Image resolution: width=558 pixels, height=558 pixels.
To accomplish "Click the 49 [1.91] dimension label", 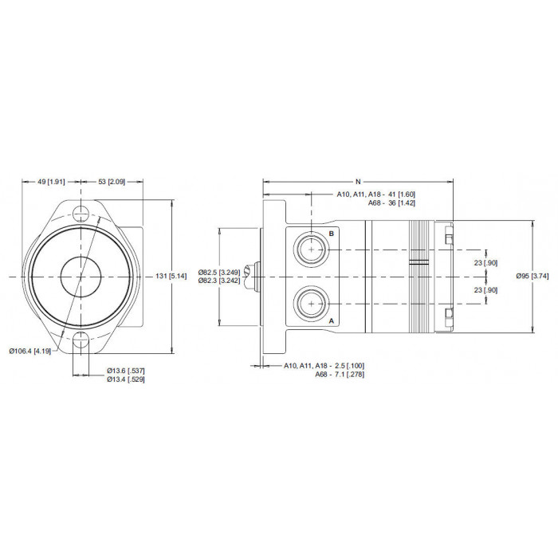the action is tap(51, 182).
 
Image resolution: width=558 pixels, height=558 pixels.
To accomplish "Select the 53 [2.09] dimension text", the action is tap(112, 182).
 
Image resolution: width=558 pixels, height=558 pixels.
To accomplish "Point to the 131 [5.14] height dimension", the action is tap(171, 276).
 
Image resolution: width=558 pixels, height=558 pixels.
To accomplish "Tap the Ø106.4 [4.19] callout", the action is tap(30, 352).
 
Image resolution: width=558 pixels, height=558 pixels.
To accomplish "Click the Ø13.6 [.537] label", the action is tap(126, 371).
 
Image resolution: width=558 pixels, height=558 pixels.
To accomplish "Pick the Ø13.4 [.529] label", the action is tap(126, 379).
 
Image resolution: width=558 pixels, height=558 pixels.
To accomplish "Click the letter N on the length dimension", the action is tap(358, 182).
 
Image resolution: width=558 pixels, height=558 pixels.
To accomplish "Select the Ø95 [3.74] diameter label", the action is tap(532, 276).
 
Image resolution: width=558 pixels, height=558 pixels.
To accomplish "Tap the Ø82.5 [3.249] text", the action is tap(219, 273).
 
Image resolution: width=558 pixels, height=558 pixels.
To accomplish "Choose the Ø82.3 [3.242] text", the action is tap(219, 281).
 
